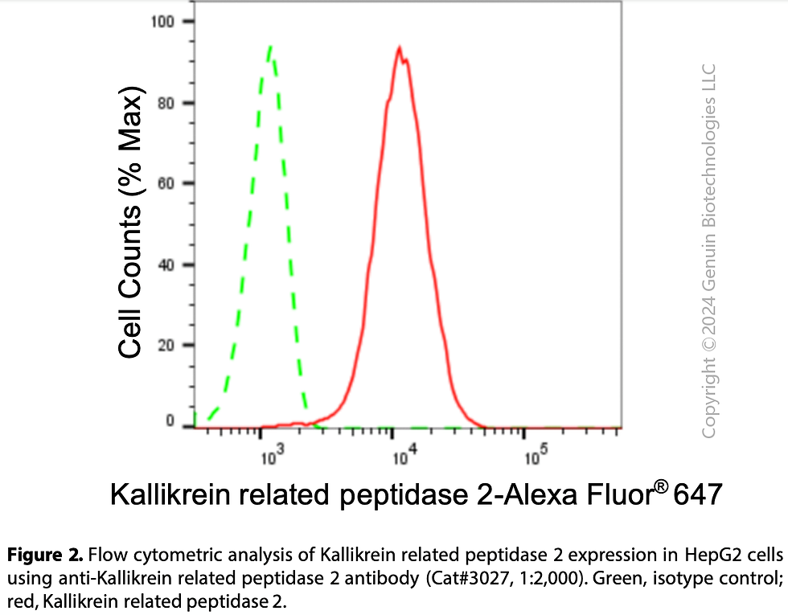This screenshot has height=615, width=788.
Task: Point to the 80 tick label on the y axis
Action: pos(167,103)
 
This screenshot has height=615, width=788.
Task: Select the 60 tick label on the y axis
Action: pos(167,183)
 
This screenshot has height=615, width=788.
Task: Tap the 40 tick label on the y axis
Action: pos(167,264)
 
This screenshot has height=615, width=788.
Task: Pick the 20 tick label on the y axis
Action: pos(167,346)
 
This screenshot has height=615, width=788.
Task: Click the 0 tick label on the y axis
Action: pos(170,420)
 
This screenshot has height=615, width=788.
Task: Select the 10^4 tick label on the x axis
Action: pos(403,458)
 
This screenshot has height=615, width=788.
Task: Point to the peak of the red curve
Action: pos(399,48)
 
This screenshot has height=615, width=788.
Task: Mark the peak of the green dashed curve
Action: pos(271,47)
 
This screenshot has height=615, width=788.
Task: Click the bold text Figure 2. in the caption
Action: pos(44,554)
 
